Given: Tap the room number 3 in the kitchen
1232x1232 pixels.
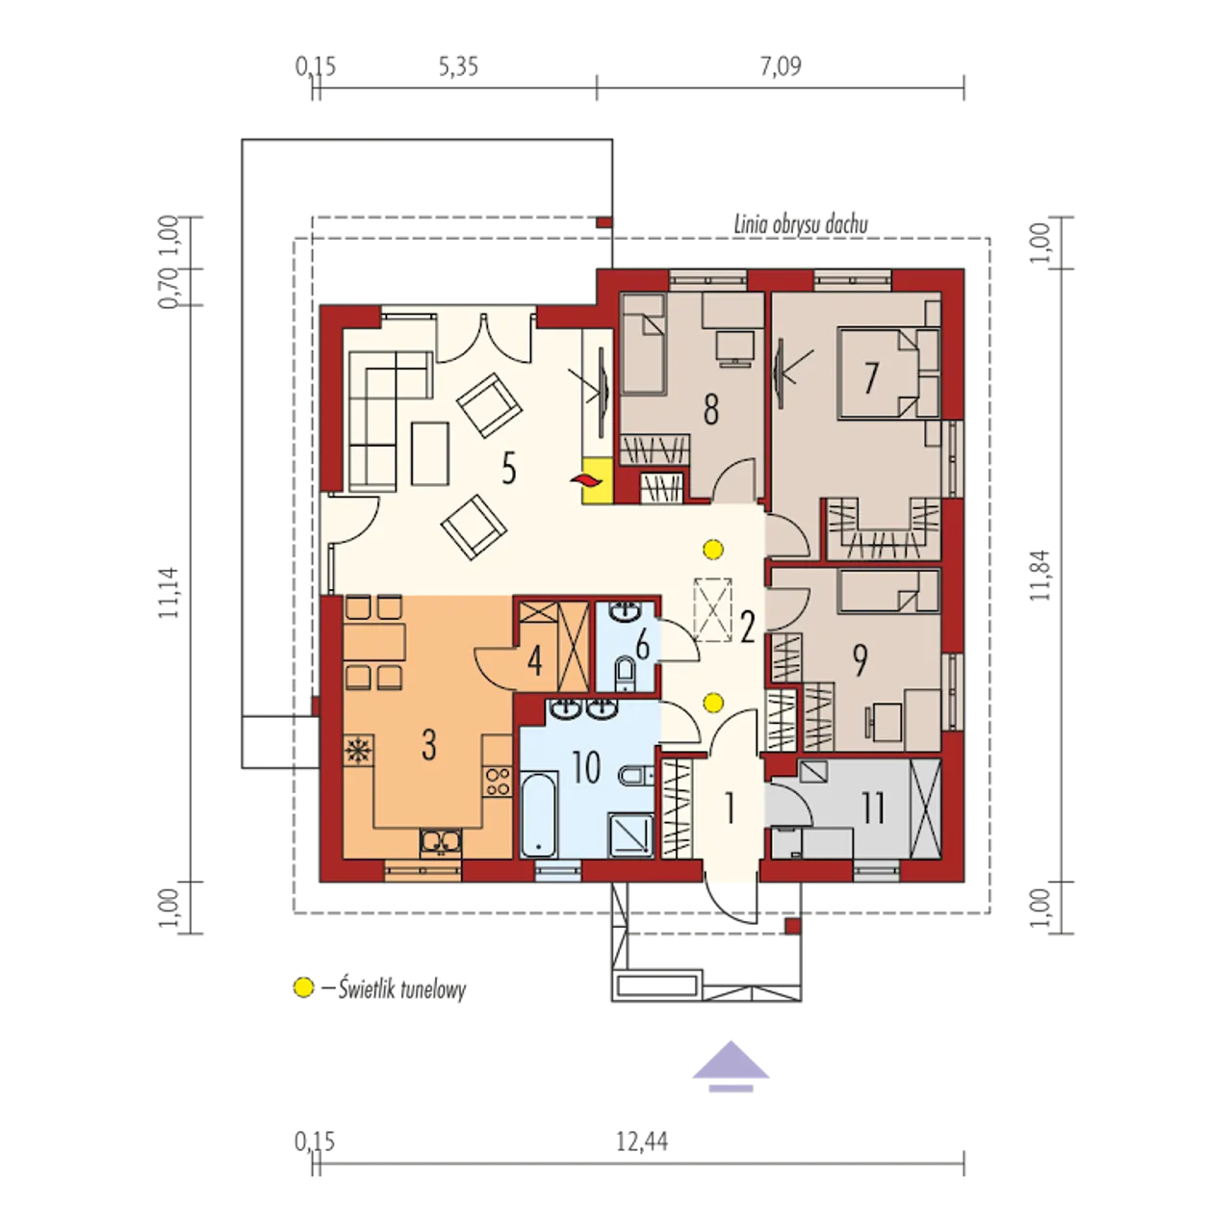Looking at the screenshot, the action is (429, 744).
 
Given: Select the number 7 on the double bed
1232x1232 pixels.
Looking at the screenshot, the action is (869, 377).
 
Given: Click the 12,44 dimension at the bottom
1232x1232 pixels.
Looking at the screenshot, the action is (642, 1142).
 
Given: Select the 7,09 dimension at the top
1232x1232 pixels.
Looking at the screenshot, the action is (780, 65).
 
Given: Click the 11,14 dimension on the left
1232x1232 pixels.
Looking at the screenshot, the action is (168, 592).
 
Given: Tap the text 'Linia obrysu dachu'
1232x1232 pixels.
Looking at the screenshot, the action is (801, 225).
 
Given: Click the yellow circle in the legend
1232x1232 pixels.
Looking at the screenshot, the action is (304, 988).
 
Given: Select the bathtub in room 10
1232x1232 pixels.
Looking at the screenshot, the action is (539, 814).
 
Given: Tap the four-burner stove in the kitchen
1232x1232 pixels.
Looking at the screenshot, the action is (498, 781).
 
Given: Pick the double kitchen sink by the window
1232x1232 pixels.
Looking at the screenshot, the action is (441, 842).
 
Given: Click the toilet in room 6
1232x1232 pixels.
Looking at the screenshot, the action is (625, 677).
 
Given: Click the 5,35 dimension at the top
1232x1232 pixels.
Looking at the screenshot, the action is (458, 65).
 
